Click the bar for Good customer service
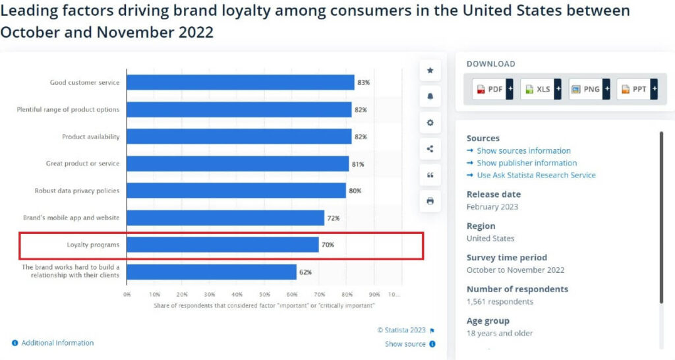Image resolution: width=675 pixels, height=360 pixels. pos(240,82)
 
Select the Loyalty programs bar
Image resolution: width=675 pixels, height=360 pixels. pos(222,245)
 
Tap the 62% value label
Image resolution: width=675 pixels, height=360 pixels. pos(305,272)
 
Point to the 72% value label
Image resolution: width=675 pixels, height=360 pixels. pos(333,218)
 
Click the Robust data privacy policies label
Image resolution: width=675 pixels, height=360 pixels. pos(77,191)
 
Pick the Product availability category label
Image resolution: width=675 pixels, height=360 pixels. pos(90,136)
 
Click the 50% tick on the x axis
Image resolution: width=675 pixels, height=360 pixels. pos(264,294)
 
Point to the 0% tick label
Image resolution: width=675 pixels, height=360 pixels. pos(127,294)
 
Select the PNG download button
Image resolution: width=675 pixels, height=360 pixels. pos(589,89)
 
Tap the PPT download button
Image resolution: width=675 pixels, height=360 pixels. pos(637,89)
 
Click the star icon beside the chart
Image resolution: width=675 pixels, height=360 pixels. pos(430,70)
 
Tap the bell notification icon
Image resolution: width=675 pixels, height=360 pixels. pos(430,96)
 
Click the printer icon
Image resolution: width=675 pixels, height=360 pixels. pos(430,201)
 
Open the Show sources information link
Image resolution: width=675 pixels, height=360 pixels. pos(523,151)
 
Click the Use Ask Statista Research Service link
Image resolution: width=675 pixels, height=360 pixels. pos(536,175)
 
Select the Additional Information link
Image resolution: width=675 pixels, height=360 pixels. pos(57,343)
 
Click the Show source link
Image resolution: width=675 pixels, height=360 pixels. pos(405,344)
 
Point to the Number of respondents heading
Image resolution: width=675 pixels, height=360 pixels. pos(517,289)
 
